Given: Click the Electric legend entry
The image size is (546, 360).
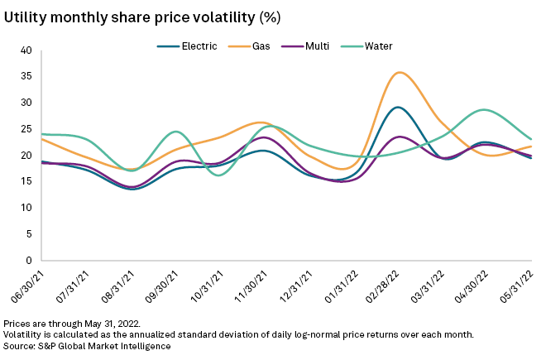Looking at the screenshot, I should [187, 46].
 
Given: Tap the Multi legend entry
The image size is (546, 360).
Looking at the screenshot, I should [305, 46].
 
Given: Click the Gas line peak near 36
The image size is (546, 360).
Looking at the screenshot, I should [400, 73].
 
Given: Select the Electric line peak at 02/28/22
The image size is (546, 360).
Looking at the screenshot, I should [398, 108].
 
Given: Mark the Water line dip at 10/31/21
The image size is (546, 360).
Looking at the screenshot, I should [220, 175].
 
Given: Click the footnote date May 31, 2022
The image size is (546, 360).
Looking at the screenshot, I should [113, 323].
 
